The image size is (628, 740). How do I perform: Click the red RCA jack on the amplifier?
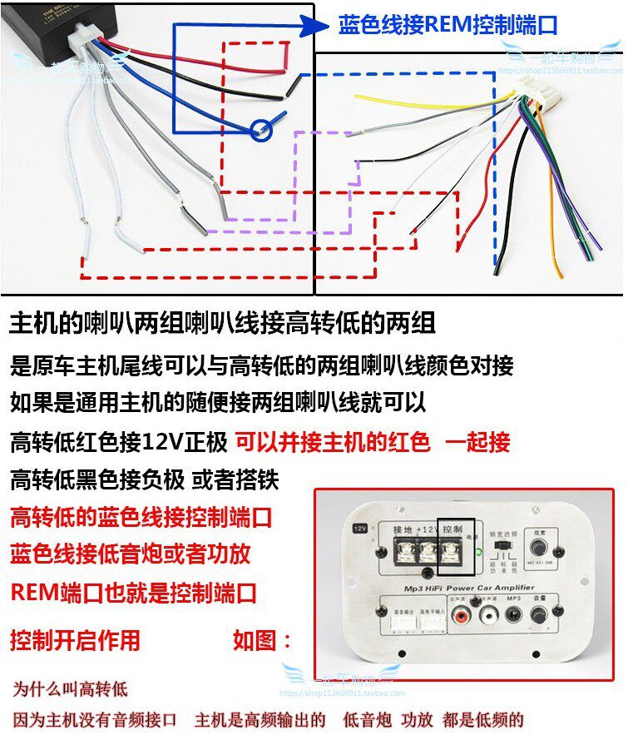coord(462,617)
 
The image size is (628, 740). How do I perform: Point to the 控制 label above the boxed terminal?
coord(454,529)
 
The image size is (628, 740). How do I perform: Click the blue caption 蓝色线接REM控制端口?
coord(448,24)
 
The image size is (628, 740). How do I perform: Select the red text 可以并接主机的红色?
coord(333,442)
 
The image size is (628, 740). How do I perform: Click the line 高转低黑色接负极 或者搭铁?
coord(145,480)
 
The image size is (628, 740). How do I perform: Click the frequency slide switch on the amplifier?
coord(501,552)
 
